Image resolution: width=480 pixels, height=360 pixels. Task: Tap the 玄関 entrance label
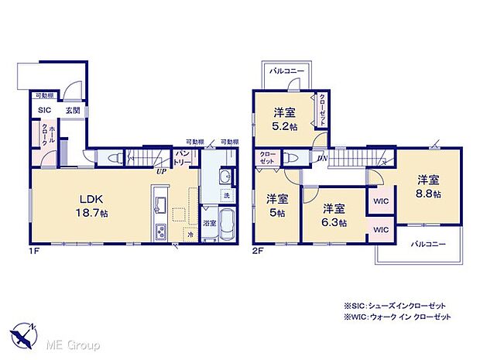pos(71,110)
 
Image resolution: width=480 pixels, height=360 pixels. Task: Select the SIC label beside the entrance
pos(44,110)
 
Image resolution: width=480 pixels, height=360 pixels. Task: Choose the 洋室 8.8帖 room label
pos(427,187)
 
